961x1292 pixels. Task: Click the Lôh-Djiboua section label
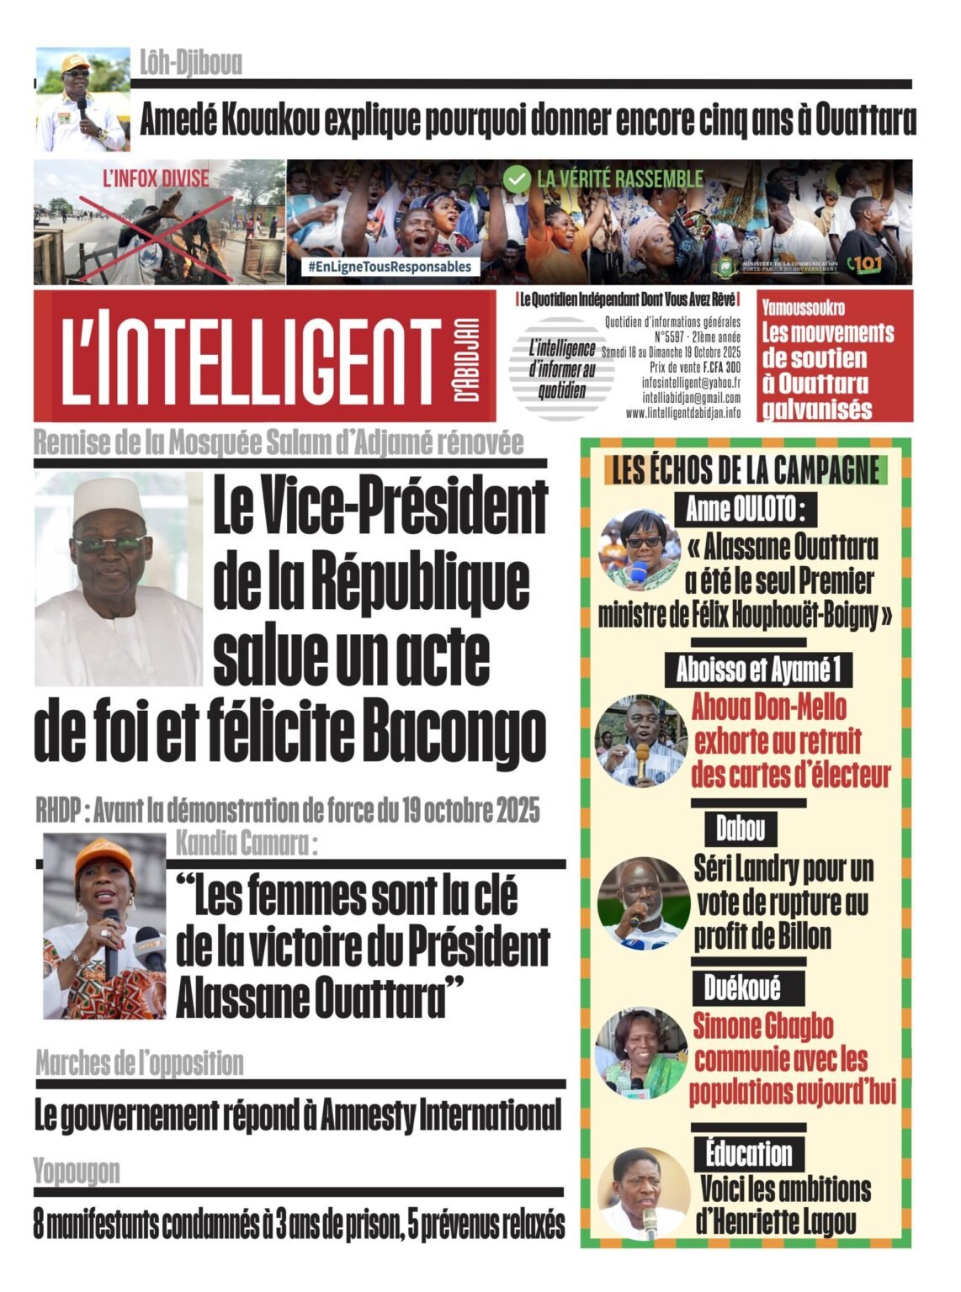[190, 63]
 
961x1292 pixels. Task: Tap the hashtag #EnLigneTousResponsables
[390, 267]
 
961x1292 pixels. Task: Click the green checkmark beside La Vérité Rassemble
[517, 178]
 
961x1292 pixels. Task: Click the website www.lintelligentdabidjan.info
[683, 413]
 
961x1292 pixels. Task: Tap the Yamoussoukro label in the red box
[804, 308]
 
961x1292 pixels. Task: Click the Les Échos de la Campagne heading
[746, 471]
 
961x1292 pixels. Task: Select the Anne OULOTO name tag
[746, 509]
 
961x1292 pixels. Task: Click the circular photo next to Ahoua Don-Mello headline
[640, 741]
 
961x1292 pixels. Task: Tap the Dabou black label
[741, 829]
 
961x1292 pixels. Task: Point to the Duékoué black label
[742, 987]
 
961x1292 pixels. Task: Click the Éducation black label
[748, 1153]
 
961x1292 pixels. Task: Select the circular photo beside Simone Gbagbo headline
[640, 1054]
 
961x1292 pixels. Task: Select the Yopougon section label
[77, 1171]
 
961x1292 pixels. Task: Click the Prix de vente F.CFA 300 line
[695, 368]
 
